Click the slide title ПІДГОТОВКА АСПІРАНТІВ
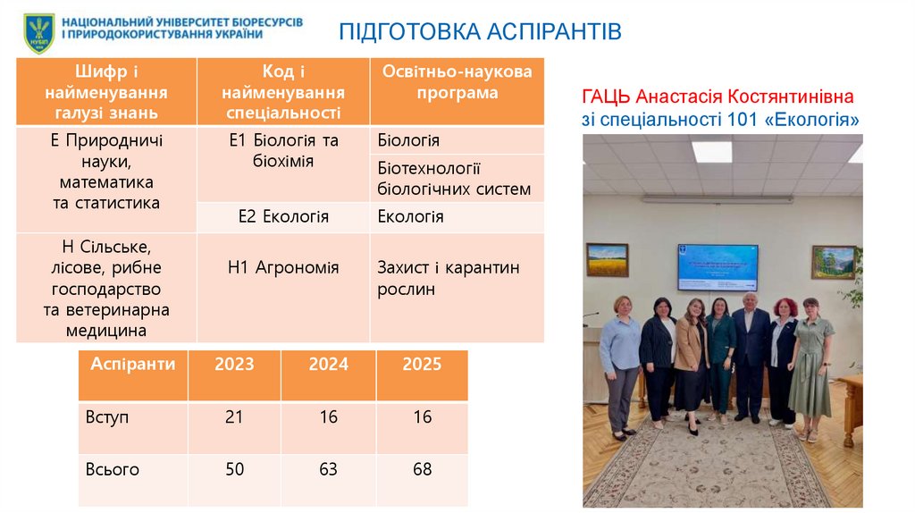(480, 33)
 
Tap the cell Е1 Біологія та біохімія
(283, 150)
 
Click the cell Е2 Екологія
(283, 217)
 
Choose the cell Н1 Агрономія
(283, 268)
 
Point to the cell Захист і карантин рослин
(449, 278)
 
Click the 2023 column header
(234, 365)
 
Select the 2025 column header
(422, 365)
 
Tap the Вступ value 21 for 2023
(234, 417)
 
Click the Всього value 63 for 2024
(328, 469)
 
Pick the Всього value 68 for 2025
(422, 469)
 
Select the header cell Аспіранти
(132, 365)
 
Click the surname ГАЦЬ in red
(608, 97)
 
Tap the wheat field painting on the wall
(607, 258)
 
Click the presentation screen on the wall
(717, 265)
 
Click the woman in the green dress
(810, 366)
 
